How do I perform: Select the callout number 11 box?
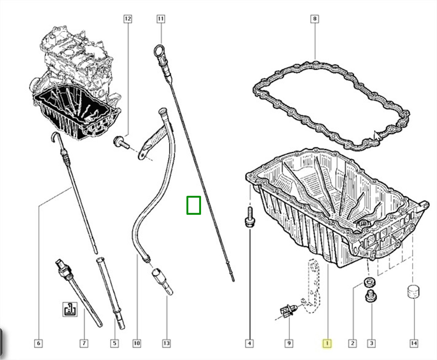click(161, 18)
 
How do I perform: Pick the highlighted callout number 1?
click(327, 343)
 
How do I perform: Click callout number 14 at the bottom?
click(414, 343)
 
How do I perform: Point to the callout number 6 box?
click(39, 343)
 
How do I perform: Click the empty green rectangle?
click(193, 205)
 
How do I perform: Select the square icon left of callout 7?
click(70, 309)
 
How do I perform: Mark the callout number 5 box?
click(114, 343)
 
